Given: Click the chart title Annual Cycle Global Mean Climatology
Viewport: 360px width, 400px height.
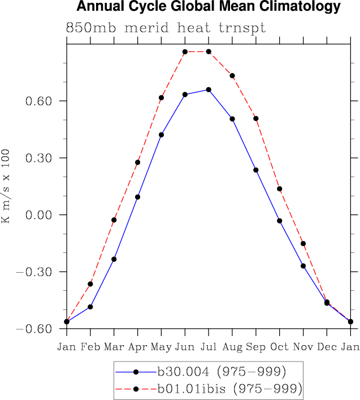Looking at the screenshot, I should click(x=209, y=7).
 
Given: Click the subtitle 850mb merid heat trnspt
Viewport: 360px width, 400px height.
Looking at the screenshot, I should click(x=166, y=28).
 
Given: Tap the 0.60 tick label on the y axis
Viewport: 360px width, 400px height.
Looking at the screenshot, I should click(x=38, y=101).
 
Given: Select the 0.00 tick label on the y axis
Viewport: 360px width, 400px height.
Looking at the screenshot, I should click(x=38, y=215).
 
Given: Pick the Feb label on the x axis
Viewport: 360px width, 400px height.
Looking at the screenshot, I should click(x=90, y=346).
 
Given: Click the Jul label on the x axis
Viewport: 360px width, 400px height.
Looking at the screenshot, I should click(x=209, y=346).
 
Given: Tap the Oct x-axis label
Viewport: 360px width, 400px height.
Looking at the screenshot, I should click(x=280, y=346).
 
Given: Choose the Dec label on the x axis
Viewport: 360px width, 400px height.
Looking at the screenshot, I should click(x=327, y=346).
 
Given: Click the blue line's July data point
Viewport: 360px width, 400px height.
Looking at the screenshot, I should click(x=209, y=89).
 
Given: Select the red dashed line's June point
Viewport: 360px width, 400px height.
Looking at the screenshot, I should click(x=185, y=52).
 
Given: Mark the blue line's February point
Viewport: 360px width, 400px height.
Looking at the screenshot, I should click(x=90, y=307).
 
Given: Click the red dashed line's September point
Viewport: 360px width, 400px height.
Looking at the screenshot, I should click(x=256, y=118).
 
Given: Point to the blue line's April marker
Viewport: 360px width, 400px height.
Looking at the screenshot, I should click(x=137, y=197).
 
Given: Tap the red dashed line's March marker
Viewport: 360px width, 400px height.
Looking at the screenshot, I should click(x=114, y=220).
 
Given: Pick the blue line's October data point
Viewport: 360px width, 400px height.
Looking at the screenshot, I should click(x=280, y=221).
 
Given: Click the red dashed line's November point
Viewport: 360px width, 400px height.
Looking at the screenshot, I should click(x=303, y=244).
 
